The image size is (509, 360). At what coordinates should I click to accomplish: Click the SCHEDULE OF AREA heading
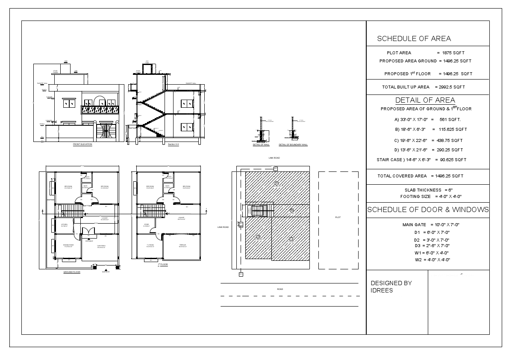(414, 39)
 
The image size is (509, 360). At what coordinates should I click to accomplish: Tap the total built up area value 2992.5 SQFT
(450, 87)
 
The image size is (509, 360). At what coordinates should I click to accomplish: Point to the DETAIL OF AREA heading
(425, 100)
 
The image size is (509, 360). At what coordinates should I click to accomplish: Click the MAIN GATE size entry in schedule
(430, 225)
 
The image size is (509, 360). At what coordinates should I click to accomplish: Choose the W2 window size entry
(432, 260)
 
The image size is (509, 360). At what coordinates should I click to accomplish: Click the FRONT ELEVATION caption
(82, 145)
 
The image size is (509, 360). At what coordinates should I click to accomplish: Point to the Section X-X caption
(174, 145)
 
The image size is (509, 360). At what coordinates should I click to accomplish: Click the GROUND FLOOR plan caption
(72, 272)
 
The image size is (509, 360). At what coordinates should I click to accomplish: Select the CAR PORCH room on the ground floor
(101, 247)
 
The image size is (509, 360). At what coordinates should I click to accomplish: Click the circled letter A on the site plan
(277, 183)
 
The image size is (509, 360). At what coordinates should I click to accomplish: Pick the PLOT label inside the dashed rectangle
(338, 218)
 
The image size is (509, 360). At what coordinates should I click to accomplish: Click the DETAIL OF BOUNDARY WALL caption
(293, 145)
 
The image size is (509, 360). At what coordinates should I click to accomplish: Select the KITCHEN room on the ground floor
(65, 225)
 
